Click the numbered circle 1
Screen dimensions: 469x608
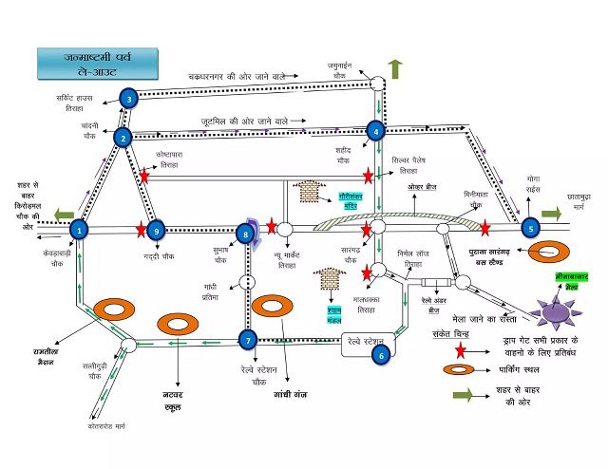click(80, 228)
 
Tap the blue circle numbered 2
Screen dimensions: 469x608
click(123, 138)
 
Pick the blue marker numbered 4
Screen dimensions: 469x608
click(376, 131)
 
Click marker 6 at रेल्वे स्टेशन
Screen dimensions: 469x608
click(381, 355)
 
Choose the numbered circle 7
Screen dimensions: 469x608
click(247, 340)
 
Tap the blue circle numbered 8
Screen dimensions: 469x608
click(246, 233)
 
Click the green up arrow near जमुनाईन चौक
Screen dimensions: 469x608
click(395, 69)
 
